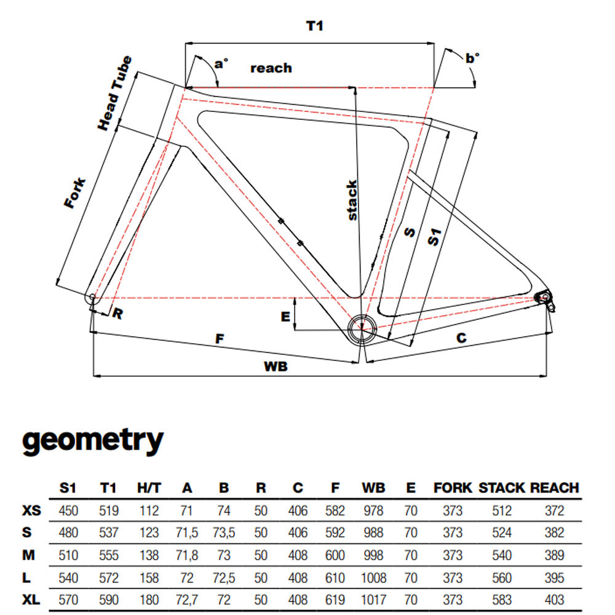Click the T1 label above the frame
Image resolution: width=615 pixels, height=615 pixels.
click(314, 26)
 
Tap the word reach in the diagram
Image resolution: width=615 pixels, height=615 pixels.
click(271, 68)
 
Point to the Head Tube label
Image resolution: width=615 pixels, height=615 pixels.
click(115, 93)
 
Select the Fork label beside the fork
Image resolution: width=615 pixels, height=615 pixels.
click(74, 193)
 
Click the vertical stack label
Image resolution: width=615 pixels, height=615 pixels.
click(351, 200)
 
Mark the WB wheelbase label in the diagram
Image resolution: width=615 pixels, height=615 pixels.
click(276, 367)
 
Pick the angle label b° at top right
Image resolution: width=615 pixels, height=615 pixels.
click(472, 58)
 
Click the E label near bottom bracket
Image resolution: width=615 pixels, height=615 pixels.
click(285, 317)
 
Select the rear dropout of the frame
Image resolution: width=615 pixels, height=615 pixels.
click(544, 298)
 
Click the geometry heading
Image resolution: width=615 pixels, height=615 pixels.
click(93, 440)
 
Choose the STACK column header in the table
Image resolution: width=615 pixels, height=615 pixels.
click(502, 488)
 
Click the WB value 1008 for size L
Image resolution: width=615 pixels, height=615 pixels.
click(374, 577)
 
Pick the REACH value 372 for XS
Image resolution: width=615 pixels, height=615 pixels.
click(554, 510)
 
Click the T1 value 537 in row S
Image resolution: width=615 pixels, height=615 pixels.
click(108, 533)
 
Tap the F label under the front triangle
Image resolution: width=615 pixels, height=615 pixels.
click(218, 338)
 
